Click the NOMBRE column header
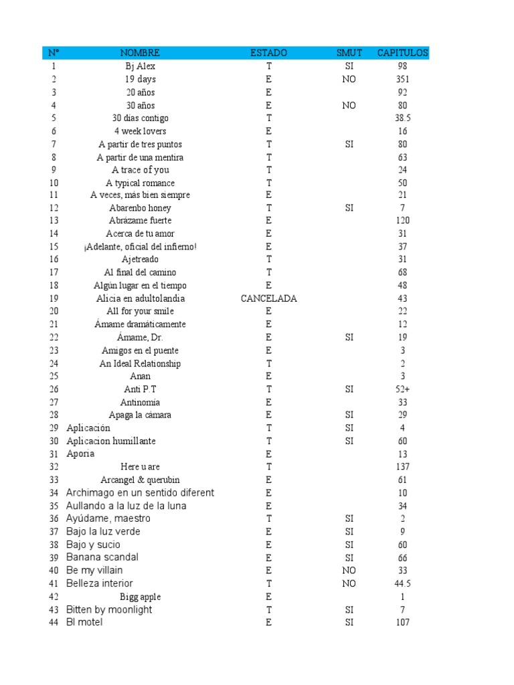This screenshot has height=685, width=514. click(140, 53)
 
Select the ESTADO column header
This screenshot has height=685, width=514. click(268, 53)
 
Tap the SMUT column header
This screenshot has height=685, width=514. click(349, 53)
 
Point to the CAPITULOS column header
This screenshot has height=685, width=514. click(402, 53)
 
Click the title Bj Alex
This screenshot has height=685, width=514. click(140, 66)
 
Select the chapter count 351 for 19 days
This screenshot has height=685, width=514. click(402, 79)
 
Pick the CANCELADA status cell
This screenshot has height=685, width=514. click(268, 298)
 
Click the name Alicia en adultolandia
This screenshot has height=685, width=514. click(140, 298)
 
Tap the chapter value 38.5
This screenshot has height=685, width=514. click(402, 118)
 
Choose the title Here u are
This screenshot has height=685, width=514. click(140, 467)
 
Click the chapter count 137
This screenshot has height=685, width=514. click(402, 467)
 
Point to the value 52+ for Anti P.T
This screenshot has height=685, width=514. click(402, 389)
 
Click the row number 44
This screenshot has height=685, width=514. click(54, 623)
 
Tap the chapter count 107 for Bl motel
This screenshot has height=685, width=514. click(402, 623)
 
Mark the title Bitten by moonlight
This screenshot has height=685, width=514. click(109, 609)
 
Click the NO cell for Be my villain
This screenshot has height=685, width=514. click(349, 571)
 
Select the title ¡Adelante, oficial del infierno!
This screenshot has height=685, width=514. click(140, 247)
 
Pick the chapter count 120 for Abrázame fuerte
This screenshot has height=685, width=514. click(402, 221)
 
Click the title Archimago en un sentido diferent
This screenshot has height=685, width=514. click(140, 493)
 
